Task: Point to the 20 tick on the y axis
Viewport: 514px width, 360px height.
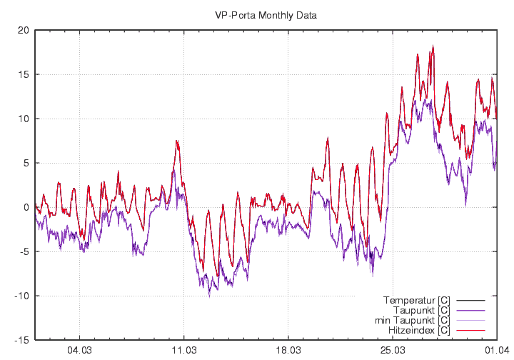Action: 24,30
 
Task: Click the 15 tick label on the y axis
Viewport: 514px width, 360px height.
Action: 24,74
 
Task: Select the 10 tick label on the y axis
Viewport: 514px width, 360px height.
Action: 24,119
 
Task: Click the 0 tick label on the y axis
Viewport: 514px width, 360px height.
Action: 26,207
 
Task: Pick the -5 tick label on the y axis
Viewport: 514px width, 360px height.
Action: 24,251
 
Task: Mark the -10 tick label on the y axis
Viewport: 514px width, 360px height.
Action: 21,296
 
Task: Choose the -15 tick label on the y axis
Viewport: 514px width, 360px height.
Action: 21,340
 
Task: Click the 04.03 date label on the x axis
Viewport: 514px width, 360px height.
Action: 79,351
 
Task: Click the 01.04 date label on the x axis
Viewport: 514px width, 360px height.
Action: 496,351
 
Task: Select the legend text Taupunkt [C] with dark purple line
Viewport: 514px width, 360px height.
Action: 421,310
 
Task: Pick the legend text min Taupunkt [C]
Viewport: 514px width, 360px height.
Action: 414,320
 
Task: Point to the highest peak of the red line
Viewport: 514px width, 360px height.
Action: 433,47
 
